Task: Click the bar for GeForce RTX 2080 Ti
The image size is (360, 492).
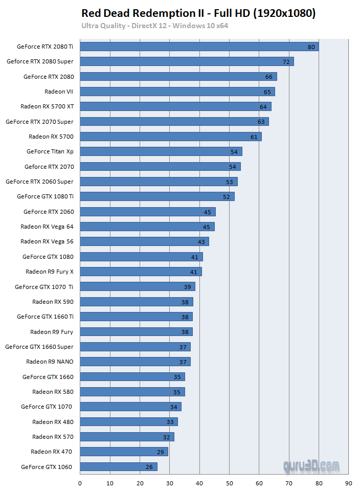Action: click(x=199, y=47)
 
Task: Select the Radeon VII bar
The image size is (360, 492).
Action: click(x=177, y=92)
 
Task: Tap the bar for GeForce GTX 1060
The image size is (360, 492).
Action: click(x=119, y=466)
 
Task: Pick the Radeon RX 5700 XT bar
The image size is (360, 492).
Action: click(x=175, y=106)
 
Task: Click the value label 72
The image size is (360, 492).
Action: click(x=286, y=62)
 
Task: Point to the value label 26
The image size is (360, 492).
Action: click(x=149, y=467)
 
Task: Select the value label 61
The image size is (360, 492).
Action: click(x=254, y=137)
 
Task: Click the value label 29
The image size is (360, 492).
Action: click(x=161, y=452)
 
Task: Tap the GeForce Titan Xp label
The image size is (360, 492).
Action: click(x=50, y=151)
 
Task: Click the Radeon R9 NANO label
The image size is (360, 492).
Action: click(x=50, y=362)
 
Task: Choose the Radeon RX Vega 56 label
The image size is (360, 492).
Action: click(x=47, y=241)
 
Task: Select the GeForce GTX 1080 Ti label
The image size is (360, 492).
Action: click(x=45, y=196)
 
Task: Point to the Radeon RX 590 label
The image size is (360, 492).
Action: click(x=53, y=302)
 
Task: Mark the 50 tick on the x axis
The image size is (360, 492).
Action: click(x=229, y=483)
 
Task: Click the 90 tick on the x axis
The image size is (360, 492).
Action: click(x=348, y=483)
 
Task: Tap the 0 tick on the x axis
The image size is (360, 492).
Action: click(x=80, y=483)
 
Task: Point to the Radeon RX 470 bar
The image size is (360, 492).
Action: click(x=124, y=452)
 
